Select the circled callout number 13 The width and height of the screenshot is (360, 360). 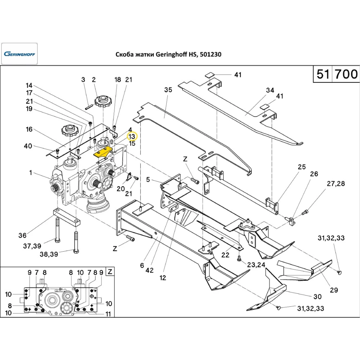132,136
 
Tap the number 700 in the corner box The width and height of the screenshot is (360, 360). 346,74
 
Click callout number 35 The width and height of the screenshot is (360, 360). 168,90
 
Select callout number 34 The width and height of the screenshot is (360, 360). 270,90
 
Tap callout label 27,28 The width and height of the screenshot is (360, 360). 336,184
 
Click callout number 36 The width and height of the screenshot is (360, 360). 22,236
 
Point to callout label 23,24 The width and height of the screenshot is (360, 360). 256,265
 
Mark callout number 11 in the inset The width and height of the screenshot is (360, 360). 108,314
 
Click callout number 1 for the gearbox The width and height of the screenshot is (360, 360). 31,173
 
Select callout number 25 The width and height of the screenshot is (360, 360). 301,167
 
